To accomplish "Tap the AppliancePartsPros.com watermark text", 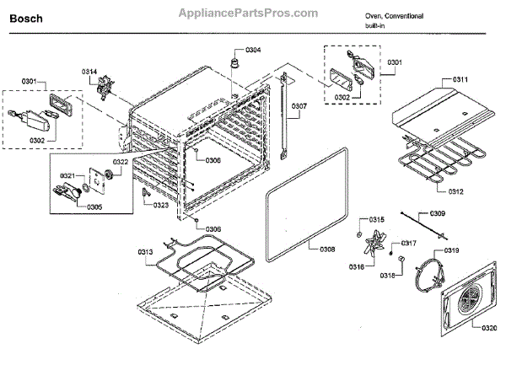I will click(248, 13).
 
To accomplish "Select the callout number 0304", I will click(252, 51).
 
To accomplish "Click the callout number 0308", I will click(327, 250).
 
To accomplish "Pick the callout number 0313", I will click(146, 251).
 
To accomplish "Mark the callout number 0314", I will click(89, 71).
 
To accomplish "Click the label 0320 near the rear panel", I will click(488, 326).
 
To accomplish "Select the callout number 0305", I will click(94, 207).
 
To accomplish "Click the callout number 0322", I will click(121, 162).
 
